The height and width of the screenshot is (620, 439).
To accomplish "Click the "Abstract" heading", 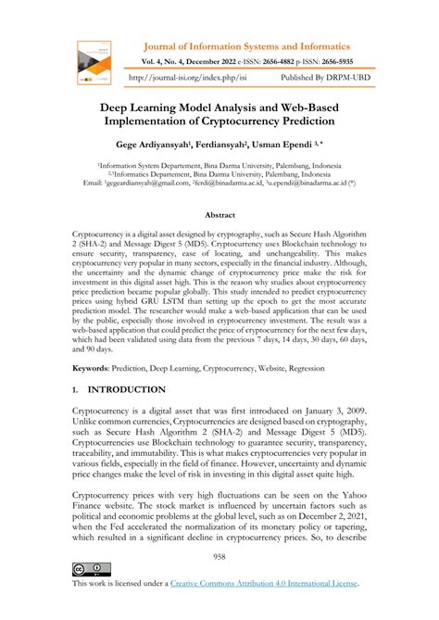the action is pos(219,214).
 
